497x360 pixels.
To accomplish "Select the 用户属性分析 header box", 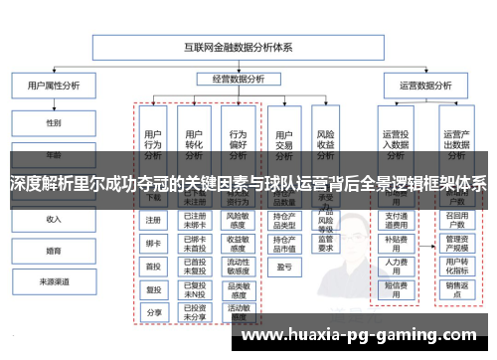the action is [x=54, y=87].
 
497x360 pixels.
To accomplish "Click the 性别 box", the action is [x=54, y=123].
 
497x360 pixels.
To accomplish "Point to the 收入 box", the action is [x=54, y=219].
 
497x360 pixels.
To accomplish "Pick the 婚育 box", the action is [x=54, y=251].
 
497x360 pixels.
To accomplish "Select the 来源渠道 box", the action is [x=54, y=282].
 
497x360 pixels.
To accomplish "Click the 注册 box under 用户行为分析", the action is [x=153, y=220].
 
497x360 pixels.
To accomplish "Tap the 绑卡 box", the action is [x=153, y=243].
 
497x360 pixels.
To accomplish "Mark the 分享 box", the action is [x=153, y=312].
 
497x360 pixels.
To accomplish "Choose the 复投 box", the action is [x=153, y=289].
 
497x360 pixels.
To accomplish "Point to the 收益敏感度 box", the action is [x=238, y=243].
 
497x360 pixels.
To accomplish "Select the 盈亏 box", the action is [x=283, y=267].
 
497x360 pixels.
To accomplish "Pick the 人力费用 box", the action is [x=396, y=266].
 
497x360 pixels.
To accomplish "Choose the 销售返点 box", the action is [x=456, y=289].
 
